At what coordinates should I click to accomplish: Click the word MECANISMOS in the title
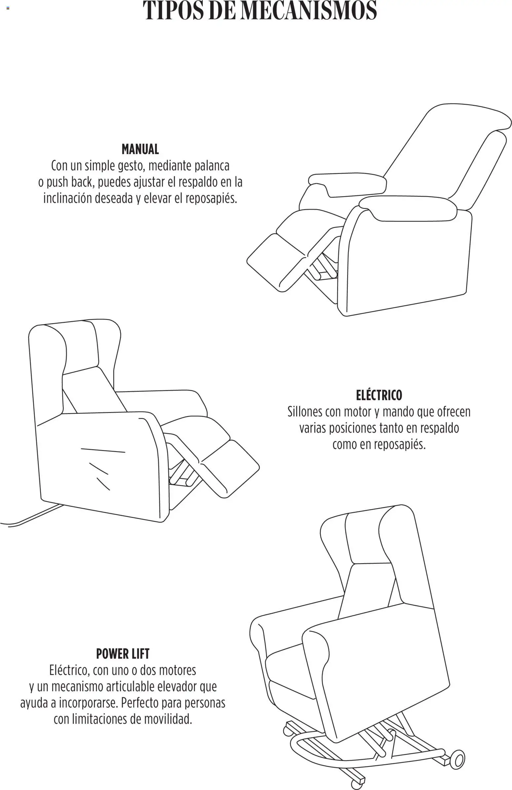309,11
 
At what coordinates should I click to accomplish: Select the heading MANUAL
140,149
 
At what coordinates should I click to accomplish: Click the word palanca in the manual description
212,166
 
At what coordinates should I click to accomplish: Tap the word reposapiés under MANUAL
211,198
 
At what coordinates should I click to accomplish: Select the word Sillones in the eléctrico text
305,412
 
